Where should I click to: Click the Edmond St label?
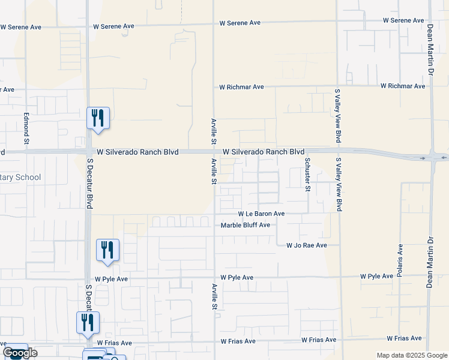coord(26,128)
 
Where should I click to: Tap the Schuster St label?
coord(307,174)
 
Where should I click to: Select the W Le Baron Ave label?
coord(261,214)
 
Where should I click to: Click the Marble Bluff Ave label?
coord(246,225)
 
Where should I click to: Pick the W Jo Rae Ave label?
coord(306,245)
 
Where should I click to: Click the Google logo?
coord(20,353)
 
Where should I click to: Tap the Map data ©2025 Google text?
coord(411,355)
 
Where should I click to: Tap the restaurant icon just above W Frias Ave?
coord(87,322)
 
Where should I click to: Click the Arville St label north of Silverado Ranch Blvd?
coord(213,131)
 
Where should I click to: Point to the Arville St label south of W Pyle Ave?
coord(214,296)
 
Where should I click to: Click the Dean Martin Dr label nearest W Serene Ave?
coord(430,49)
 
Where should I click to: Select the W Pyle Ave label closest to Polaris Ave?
coord(376,276)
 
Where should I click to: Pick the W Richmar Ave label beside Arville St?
coord(241,87)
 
